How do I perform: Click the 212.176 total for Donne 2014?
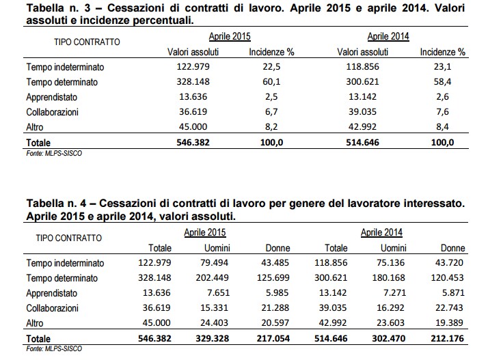pyautogui.click(x=447, y=338)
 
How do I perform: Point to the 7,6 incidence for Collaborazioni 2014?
pyautogui.click(x=442, y=112)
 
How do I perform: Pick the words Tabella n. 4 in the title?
pyautogui.click(x=55, y=204)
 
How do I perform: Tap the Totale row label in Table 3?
pyautogui.click(x=40, y=142)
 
